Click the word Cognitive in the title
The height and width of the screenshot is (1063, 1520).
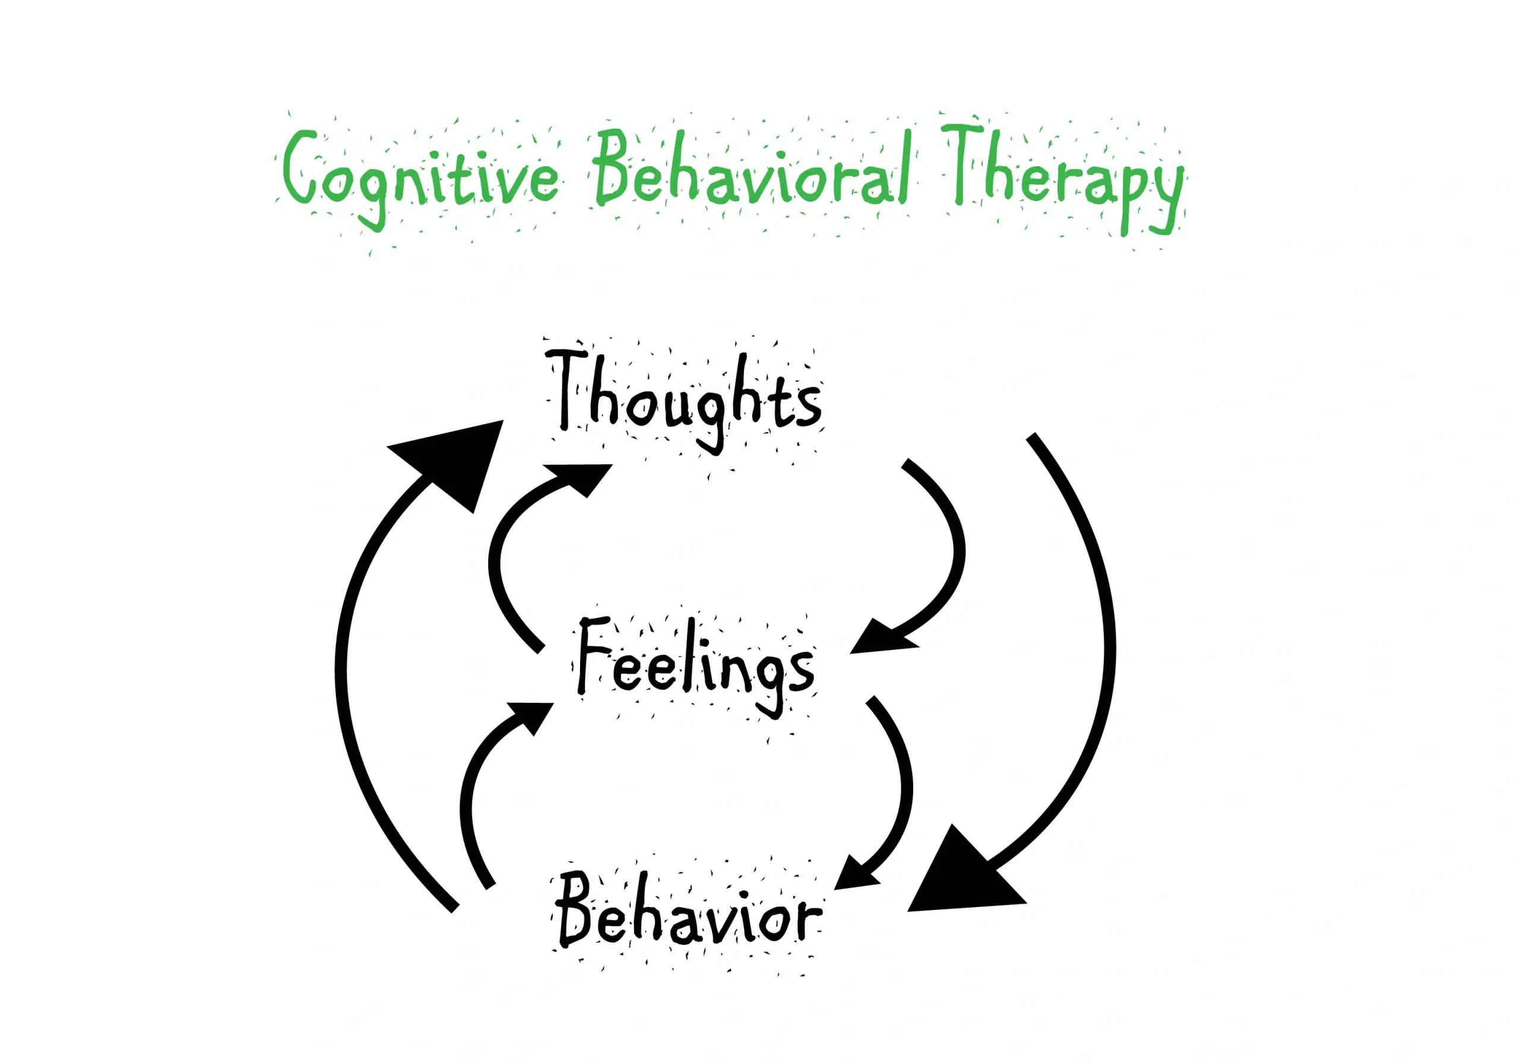click(420, 176)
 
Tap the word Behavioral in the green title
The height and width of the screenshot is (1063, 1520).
click(752, 169)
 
